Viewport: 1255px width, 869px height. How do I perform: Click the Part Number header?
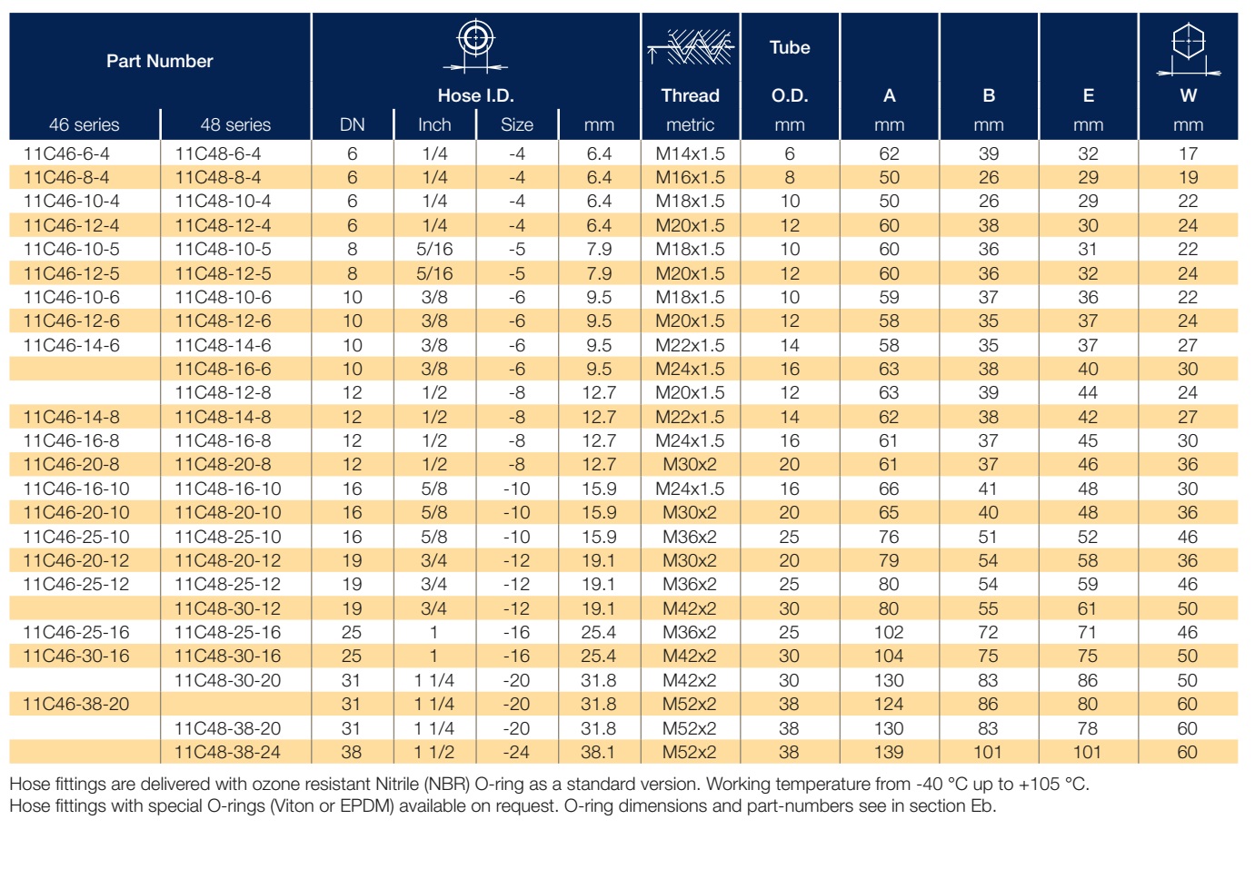tap(160, 61)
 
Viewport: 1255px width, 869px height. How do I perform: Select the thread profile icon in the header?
tap(691, 47)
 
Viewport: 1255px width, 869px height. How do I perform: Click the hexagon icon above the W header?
tap(1189, 49)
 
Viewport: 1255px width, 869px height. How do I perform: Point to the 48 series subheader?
tap(235, 124)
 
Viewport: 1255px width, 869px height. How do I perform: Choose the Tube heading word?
tap(790, 47)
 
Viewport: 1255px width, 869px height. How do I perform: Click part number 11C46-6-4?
tap(66, 153)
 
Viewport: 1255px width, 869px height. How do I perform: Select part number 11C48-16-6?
tap(223, 369)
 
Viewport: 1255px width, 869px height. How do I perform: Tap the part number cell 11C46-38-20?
tap(76, 704)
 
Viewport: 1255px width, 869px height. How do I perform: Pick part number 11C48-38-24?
tap(227, 752)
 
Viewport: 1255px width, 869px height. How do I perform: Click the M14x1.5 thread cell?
tap(691, 153)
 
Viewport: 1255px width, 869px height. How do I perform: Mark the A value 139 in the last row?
tap(889, 752)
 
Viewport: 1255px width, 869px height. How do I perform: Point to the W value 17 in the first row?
tap(1189, 153)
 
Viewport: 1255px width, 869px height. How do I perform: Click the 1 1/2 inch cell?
tap(434, 752)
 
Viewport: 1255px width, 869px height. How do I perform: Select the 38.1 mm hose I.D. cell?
tap(598, 752)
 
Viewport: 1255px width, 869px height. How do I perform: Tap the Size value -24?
tap(516, 752)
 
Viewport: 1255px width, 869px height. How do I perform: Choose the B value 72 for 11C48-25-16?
tap(989, 632)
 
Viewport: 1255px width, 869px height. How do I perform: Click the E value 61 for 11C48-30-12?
tap(1088, 608)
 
